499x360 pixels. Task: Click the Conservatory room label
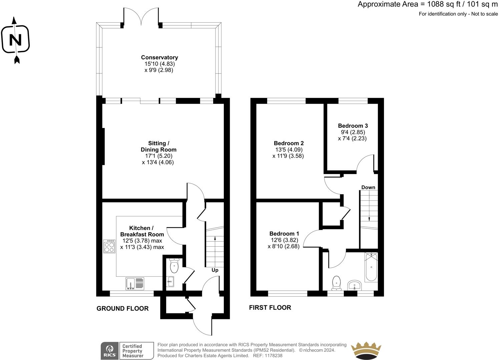pyautogui.click(x=159, y=57)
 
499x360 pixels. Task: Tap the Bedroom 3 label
pyautogui.click(x=353, y=126)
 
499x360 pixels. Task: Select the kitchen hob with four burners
pyautogui.click(x=109, y=246)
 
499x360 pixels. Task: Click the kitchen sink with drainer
pyautogui.click(x=135, y=283)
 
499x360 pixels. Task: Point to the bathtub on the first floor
pyautogui.click(x=371, y=267)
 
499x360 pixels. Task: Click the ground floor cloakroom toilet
pyautogui.click(x=174, y=265)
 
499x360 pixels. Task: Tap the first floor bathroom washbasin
pyautogui.click(x=355, y=285)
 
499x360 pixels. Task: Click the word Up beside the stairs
pyautogui.click(x=215, y=270)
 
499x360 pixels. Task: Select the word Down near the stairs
pyautogui.click(x=368, y=187)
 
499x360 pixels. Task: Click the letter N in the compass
pyautogui.click(x=15, y=40)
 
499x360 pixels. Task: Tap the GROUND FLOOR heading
pyautogui.click(x=122, y=309)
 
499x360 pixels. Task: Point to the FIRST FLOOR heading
pyautogui.click(x=270, y=308)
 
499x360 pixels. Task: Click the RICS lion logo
pyautogui.click(x=109, y=351)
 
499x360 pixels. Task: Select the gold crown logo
pyautogui.click(x=366, y=351)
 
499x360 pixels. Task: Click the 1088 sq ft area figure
pyautogui.click(x=443, y=4)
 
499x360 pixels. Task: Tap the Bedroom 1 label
pyautogui.click(x=284, y=234)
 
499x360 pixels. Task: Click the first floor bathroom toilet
pyautogui.click(x=336, y=283)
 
